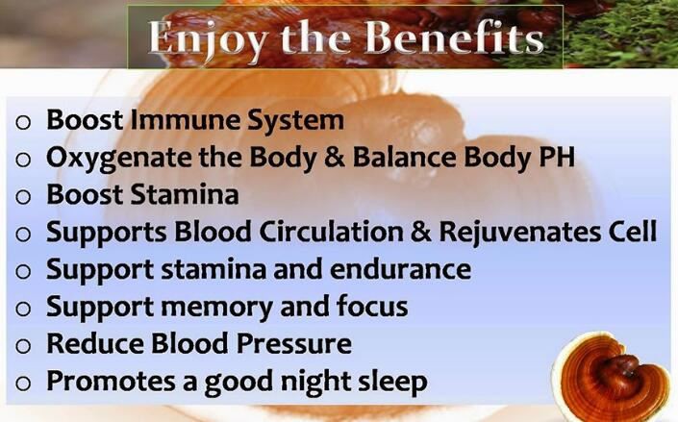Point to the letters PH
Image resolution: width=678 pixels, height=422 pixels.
tap(557, 157)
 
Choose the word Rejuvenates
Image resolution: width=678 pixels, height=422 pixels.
tap(528, 232)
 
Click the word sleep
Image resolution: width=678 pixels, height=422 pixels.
tap(388, 382)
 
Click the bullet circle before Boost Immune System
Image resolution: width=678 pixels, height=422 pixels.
tap(24, 122)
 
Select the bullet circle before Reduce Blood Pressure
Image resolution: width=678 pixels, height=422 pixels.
tap(24, 345)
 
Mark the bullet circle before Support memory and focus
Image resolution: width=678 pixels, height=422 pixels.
tap(24, 308)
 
